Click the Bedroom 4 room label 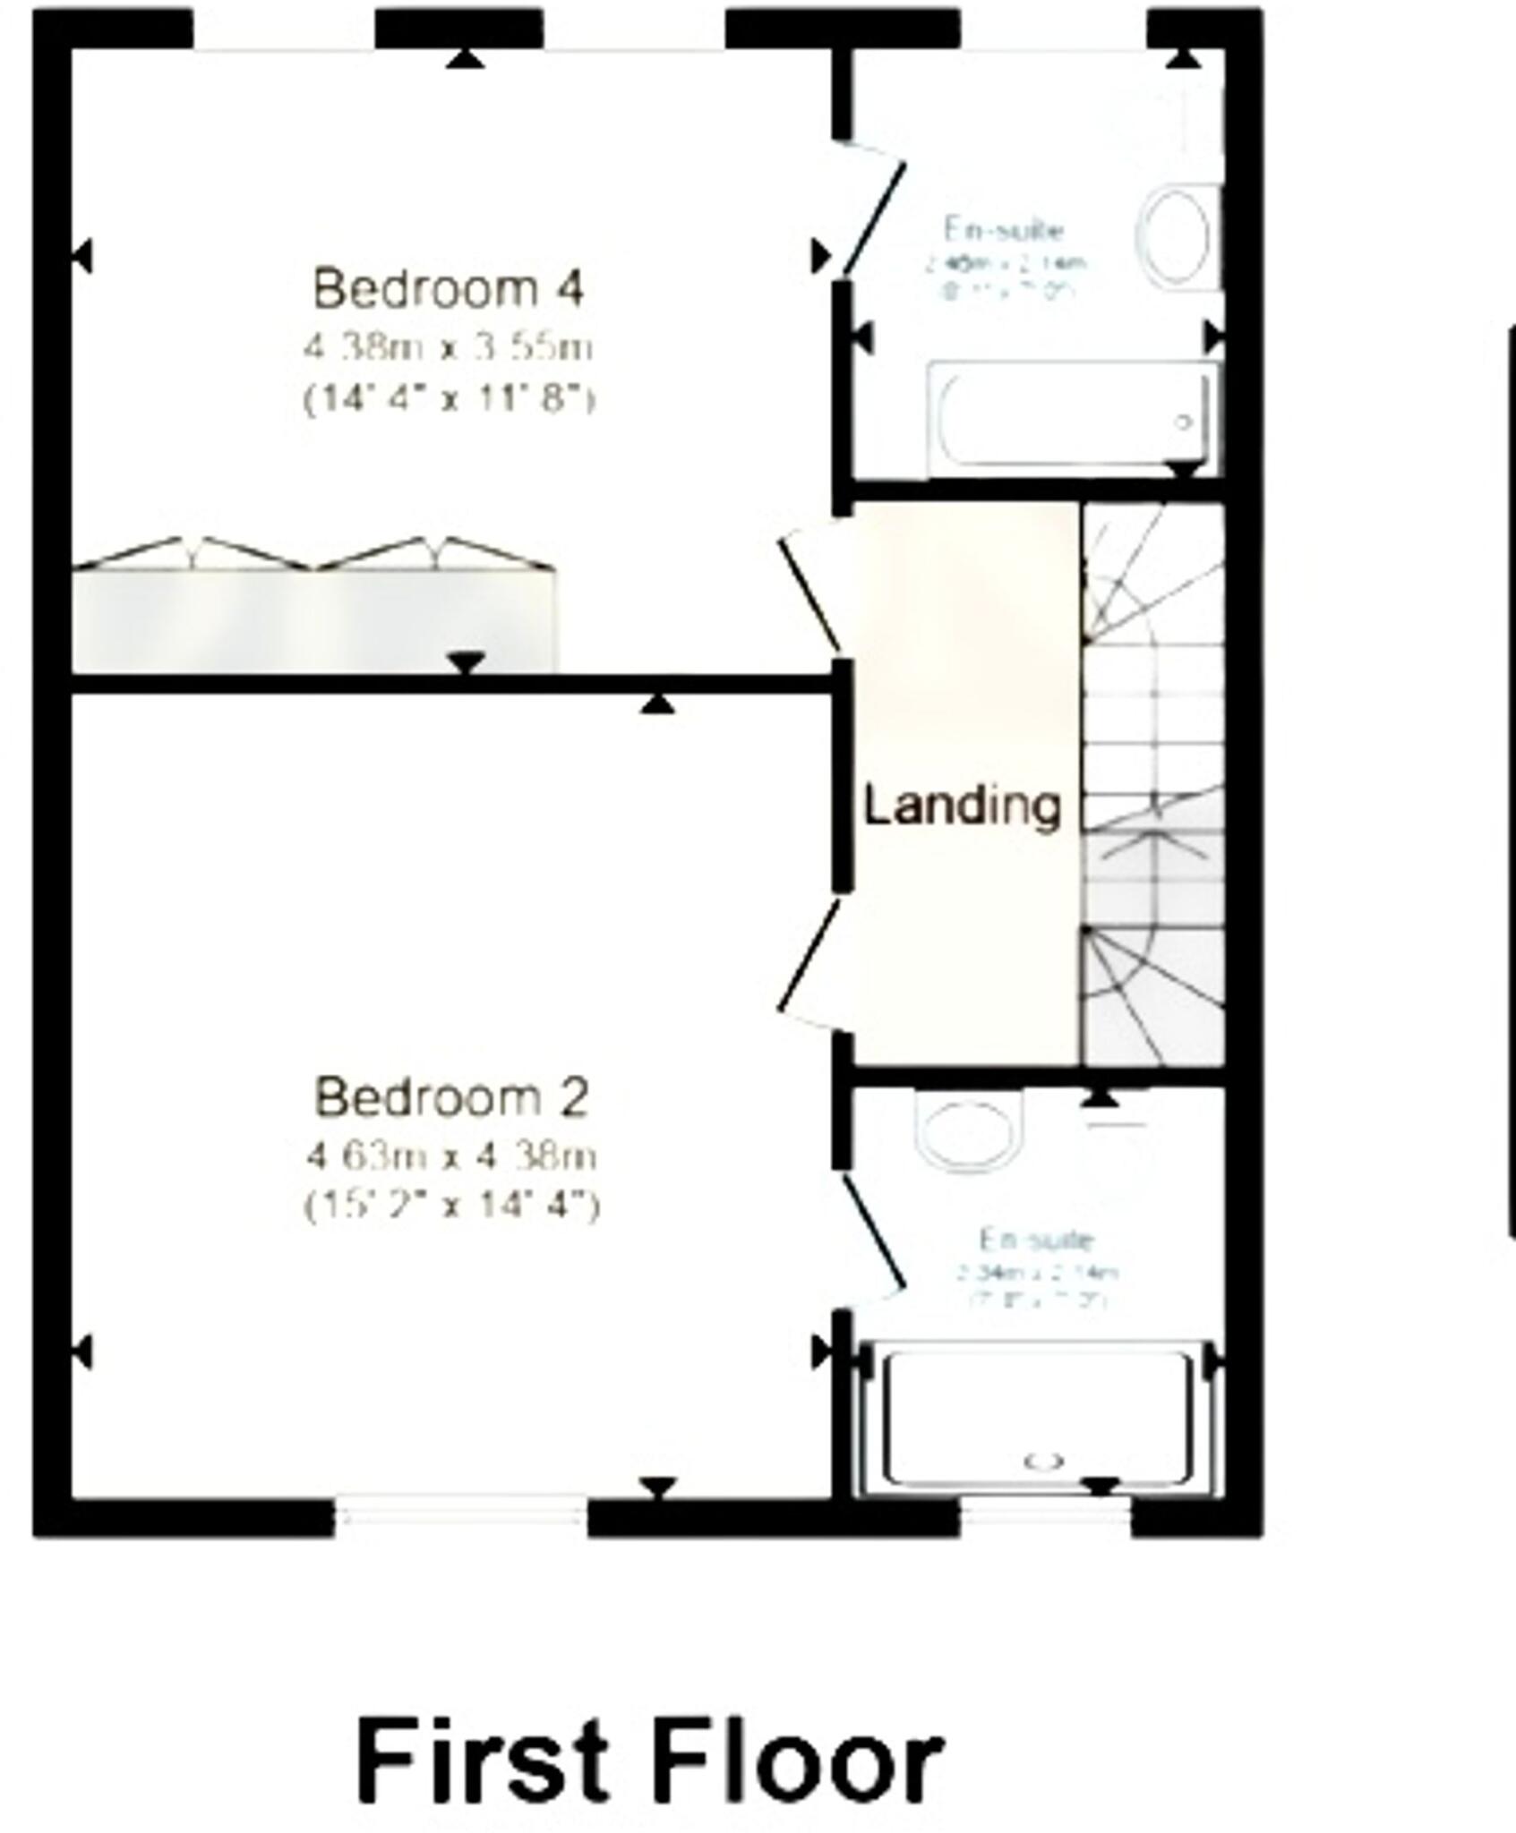pyautogui.click(x=449, y=289)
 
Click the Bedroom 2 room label pyautogui.click(x=451, y=1097)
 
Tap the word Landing pyautogui.click(x=962, y=806)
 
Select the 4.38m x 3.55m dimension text pyautogui.click(x=449, y=347)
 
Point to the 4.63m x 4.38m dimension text pyautogui.click(x=451, y=1156)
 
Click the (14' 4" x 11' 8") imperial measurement pyautogui.click(x=449, y=398)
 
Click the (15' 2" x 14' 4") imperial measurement pyautogui.click(x=451, y=1206)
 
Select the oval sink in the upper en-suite pyautogui.click(x=1175, y=236)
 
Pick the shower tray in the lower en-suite pyautogui.click(x=1039, y=1424)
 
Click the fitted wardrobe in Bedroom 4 pyautogui.click(x=313, y=618)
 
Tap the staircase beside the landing pyautogui.click(x=1153, y=783)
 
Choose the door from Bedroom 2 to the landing pyautogui.click(x=809, y=958)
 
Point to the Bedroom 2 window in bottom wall pyautogui.click(x=460, y=1515)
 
